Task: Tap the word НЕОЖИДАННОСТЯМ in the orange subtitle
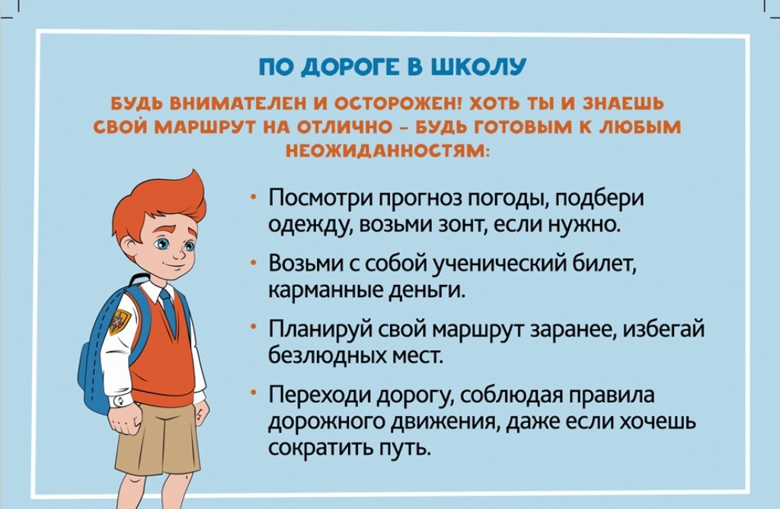click(388, 149)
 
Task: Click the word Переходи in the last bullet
click(321, 395)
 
